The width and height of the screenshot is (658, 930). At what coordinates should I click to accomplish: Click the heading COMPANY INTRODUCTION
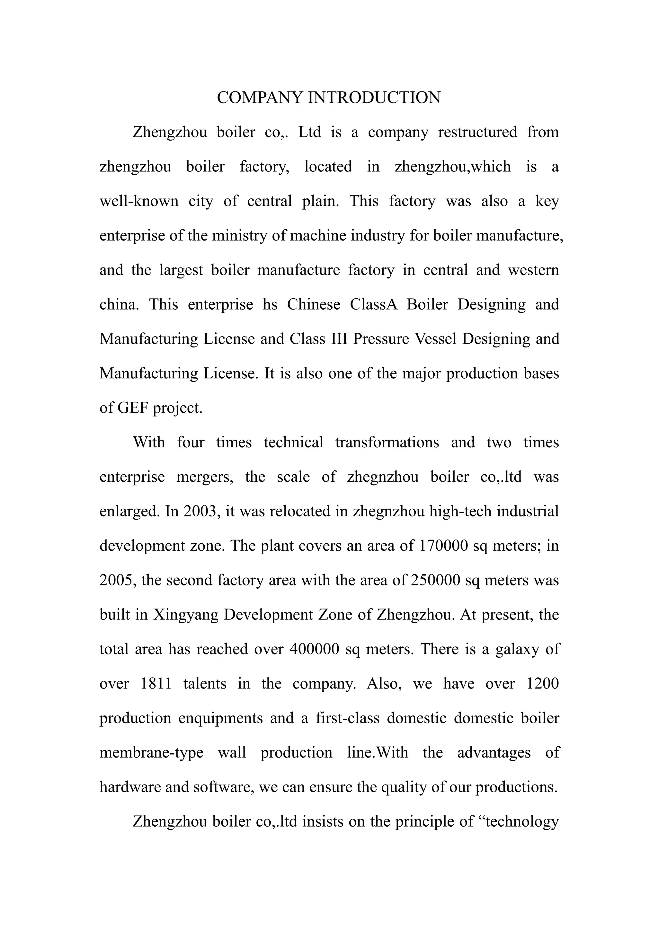pyautogui.click(x=329, y=98)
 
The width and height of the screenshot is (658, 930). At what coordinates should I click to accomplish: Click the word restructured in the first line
pyautogui.click(x=477, y=132)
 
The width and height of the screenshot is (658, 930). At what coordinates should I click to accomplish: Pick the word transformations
pyautogui.click(x=387, y=442)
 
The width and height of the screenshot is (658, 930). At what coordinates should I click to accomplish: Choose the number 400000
pyautogui.click(x=315, y=649)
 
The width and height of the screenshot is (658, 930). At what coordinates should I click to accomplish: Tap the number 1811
pyautogui.click(x=156, y=683)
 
